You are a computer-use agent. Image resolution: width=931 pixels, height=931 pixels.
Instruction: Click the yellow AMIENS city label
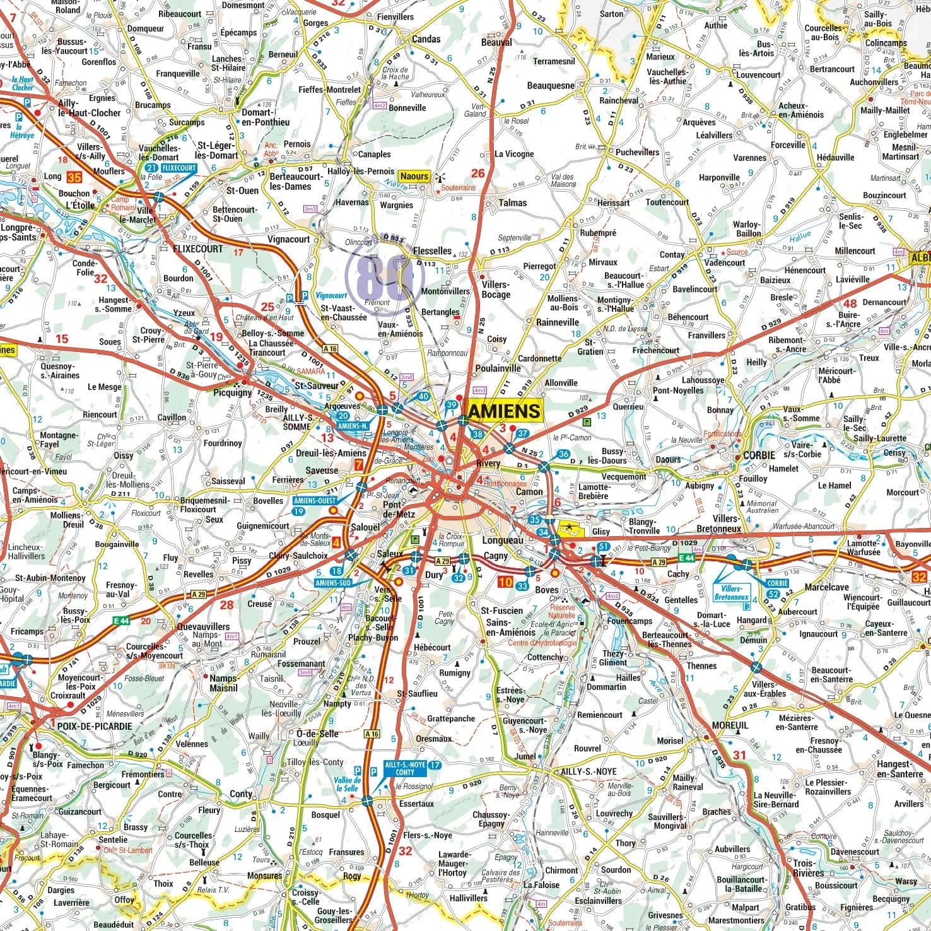505,411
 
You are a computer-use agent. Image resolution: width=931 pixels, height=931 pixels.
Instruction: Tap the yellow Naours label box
414,177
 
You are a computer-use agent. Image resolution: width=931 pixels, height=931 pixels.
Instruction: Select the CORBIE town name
759,455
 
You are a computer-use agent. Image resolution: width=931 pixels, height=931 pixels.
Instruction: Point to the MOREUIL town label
730,725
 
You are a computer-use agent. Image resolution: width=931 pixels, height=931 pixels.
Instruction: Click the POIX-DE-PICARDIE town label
95,726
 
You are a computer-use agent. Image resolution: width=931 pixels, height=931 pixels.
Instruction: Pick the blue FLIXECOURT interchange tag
179,168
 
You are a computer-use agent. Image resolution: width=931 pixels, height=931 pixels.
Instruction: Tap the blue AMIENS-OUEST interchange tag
315,501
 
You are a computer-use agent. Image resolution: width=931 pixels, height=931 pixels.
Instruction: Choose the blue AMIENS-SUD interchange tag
332,583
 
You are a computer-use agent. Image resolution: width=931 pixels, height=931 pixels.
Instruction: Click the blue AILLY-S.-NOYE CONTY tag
405,768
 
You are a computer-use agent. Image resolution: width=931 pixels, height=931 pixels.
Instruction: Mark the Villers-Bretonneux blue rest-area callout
731,593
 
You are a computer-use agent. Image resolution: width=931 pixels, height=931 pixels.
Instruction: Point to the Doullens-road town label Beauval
496,42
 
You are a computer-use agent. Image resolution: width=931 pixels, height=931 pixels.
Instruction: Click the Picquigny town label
232,392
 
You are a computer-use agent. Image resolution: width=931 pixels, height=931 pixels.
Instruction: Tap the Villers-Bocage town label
496,290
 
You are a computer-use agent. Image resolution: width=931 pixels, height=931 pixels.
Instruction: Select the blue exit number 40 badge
423,397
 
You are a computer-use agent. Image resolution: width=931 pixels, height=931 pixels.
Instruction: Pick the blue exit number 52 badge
773,594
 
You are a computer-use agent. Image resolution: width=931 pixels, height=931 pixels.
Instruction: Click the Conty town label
241,793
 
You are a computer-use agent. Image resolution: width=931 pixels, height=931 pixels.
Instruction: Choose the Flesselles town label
432,251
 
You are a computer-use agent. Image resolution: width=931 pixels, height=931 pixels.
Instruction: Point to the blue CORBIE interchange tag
777,583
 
